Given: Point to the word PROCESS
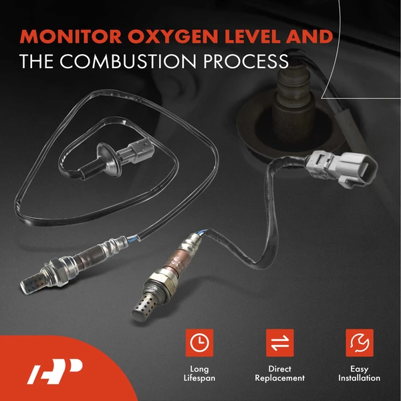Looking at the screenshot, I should pyautogui.click(x=241, y=61).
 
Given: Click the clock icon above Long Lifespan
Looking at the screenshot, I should pyautogui.click(x=198, y=343).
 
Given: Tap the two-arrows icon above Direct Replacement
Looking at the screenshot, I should pyautogui.click(x=279, y=343).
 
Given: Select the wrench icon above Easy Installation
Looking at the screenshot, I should pyautogui.click(x=359, y=343).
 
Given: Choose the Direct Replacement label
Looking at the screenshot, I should pyautogui.click(x=279, y=374).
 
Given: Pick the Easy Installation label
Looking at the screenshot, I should pyautogui.click(x=359, y=374).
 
